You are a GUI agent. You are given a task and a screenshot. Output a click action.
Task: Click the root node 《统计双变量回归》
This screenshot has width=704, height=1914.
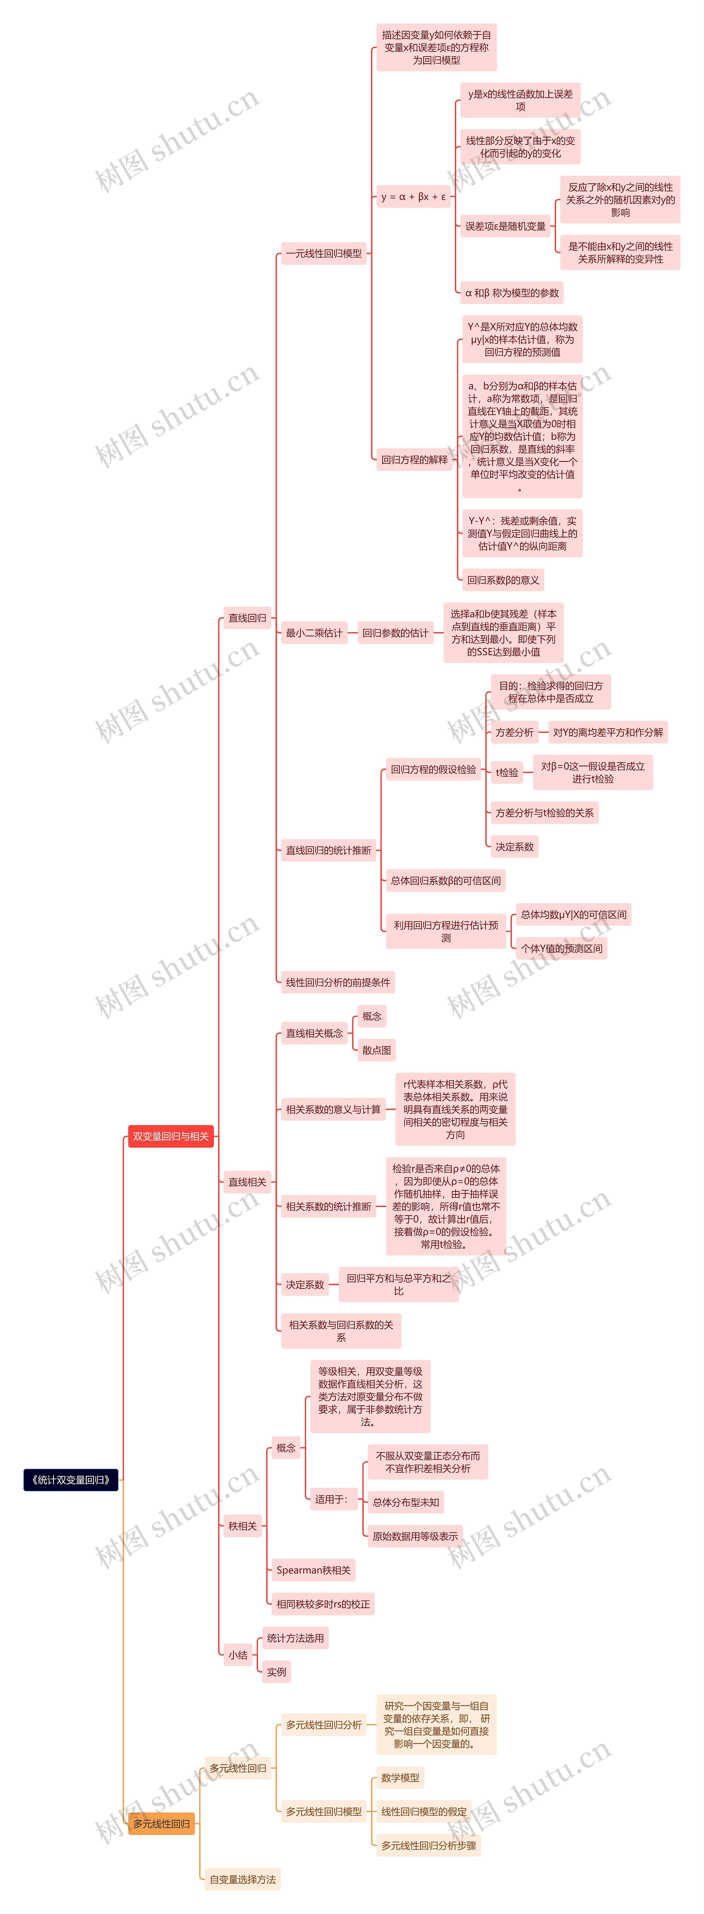point(71,1479)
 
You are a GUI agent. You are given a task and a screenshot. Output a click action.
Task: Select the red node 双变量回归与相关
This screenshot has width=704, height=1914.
point(171,1136)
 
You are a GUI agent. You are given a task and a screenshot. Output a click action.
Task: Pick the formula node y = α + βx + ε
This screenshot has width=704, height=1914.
point(413,197)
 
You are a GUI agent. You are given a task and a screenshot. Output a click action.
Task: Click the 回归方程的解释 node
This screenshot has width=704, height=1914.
point(414,460)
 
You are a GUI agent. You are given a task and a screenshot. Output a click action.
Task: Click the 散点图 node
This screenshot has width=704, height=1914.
point(376,1050)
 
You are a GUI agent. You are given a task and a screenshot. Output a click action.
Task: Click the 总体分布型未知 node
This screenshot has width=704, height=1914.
point(405,1502)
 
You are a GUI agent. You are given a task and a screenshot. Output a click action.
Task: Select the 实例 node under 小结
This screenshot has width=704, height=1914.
point(276,1672)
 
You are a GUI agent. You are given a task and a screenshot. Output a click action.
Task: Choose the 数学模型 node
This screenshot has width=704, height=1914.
point(400,1777)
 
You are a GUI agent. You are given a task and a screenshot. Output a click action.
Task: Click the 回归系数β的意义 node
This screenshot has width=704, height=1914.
point(503,580)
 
